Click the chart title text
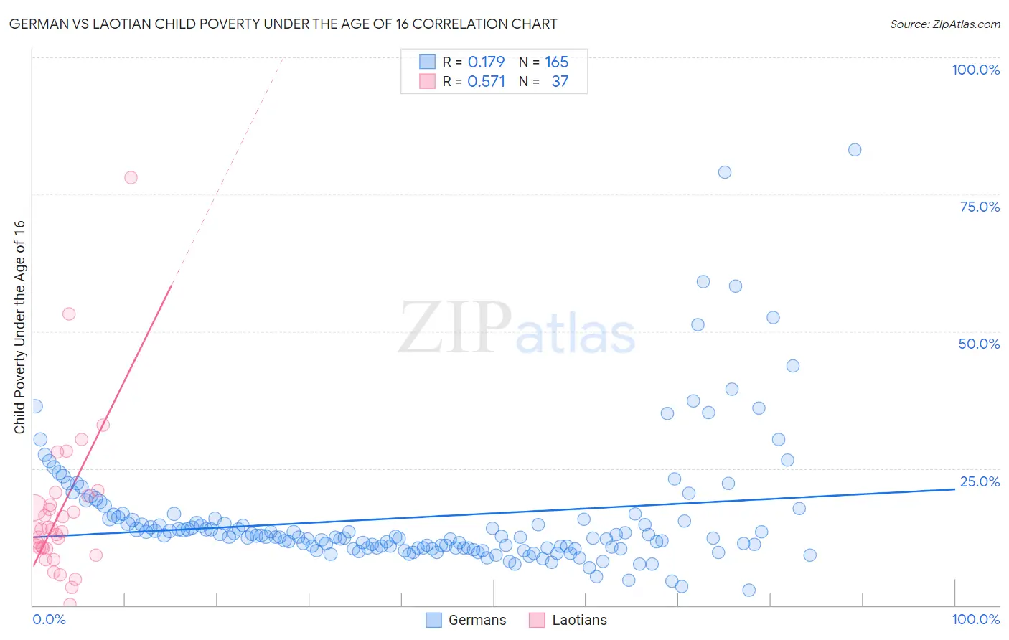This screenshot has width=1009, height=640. (283, 24)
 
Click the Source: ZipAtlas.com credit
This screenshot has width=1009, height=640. (944, 24)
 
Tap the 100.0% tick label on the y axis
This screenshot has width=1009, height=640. (975, 70)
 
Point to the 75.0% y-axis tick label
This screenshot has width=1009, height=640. (980, 207)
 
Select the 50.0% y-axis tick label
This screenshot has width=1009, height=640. (979, 344)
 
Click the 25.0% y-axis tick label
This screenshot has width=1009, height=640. (980, 481)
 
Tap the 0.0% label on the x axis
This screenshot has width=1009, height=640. (49, 619)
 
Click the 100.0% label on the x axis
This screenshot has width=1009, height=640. (975, 619)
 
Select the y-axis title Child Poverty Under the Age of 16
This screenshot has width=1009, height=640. (20, 327)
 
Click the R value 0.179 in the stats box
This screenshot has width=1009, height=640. (486, 62)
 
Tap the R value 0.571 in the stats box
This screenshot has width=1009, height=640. (486, 82)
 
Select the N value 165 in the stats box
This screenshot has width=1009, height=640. (556, 62)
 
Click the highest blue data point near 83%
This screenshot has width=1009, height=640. (854, 150)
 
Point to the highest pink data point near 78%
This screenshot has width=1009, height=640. (131, 177)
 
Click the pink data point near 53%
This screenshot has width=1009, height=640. (69, 314)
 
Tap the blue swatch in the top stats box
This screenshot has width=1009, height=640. (427, 62)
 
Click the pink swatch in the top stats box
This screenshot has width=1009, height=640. (427, 81)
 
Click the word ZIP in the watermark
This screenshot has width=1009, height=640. (455, 328)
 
